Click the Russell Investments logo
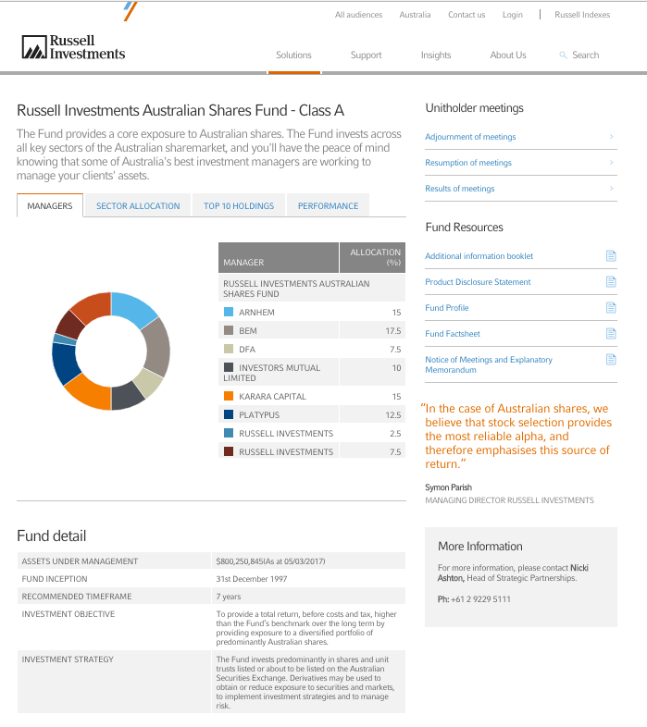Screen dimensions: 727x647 73,47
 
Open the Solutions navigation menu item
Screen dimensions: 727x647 293,55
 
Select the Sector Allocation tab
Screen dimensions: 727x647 138,206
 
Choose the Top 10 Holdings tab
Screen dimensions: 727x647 239,206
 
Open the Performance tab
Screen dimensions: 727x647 328,206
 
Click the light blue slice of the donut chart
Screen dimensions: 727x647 133,309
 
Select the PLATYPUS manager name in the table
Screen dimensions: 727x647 259,415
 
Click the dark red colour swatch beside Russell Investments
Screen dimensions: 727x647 228,452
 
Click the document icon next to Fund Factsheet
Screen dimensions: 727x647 610,334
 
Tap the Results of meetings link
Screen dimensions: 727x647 460,189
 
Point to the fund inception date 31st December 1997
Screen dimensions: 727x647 252,579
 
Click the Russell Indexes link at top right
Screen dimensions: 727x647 582,15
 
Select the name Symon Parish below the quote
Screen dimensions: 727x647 448,487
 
